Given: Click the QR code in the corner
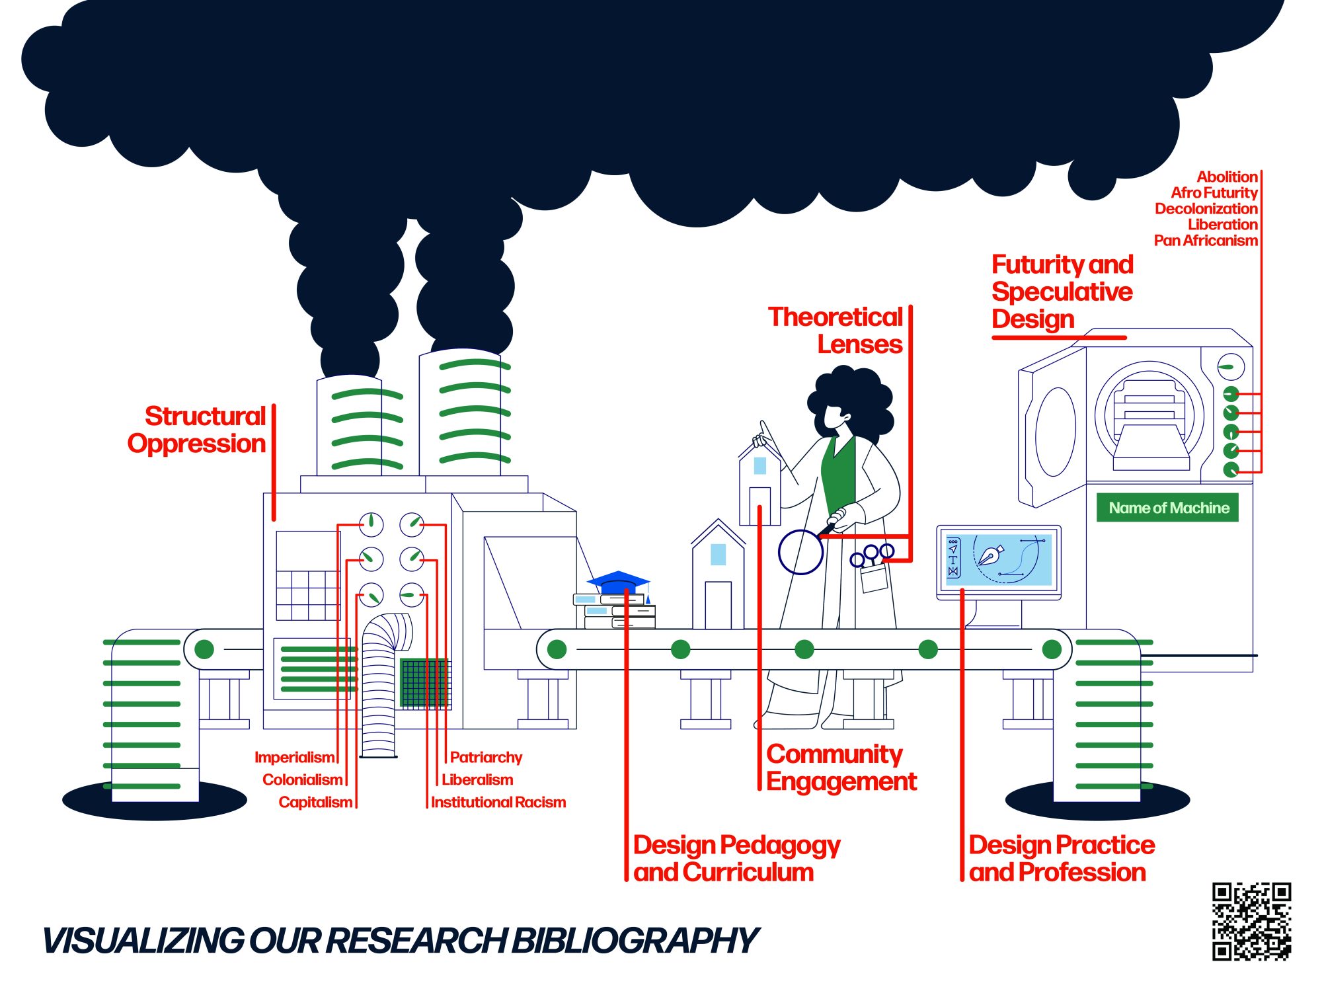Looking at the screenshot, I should point(1251,920).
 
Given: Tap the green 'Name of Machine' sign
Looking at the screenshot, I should point(1167,508).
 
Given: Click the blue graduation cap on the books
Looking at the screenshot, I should point(619,582).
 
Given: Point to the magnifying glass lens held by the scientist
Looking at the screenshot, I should point(800,552).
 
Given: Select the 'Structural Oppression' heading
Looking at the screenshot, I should point(198,430).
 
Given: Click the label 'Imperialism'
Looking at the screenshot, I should point(294,757).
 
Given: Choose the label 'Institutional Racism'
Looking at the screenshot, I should point(498,802).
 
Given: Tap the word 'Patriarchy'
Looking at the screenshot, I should point(486,757).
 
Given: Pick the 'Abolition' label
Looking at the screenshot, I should point(1227,177).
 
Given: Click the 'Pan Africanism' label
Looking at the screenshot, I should point(1206,241).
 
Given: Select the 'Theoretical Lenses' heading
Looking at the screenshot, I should point(836,331).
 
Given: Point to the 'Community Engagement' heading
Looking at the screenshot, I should point(841,768).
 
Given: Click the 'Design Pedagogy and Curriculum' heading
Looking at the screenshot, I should point(736,858).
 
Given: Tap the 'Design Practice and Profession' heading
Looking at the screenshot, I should point(1062,858).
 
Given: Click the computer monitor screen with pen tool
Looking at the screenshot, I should point(999,559).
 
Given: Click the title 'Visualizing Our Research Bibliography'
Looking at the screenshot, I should point(400,940).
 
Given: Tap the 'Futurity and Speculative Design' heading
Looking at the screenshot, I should point(1062,292).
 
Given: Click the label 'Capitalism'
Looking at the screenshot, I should point(315,802).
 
